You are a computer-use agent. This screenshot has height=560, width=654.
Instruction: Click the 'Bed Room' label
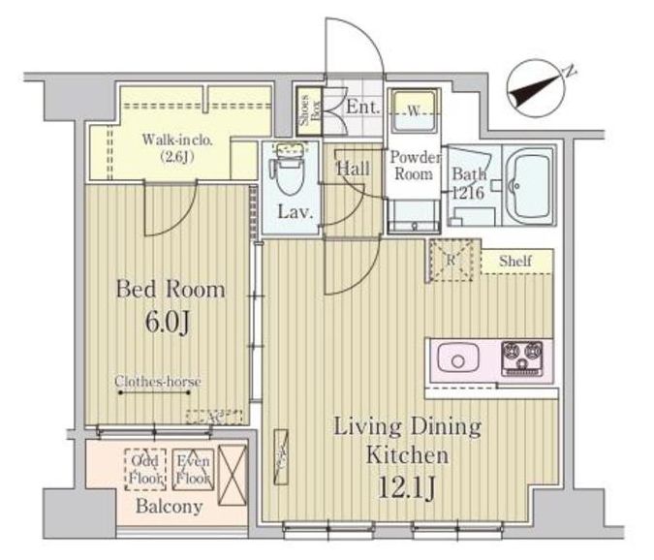[x=171, y=289]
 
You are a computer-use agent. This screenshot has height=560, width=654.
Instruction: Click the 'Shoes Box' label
[x=303, y=109]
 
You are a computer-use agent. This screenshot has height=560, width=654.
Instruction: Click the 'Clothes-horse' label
[x=157, y=382]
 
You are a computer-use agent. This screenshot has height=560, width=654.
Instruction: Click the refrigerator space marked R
[x=451, y=260]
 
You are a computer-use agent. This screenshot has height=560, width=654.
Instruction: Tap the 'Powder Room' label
[x=415, y=167]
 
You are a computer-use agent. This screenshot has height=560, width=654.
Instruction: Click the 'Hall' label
[x=353, y=169]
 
